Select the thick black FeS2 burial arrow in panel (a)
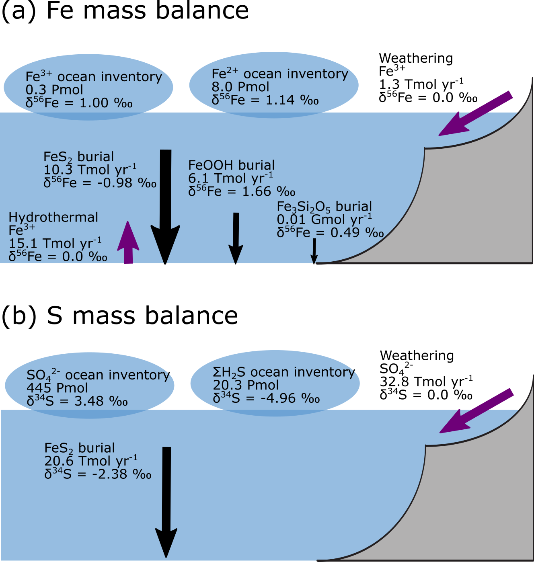166,205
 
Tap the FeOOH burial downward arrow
236,237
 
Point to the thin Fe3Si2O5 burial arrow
314,251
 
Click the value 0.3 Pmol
54,90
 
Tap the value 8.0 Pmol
240,87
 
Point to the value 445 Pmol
57,388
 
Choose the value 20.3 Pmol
246,385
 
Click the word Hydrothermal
53,217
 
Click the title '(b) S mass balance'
120,315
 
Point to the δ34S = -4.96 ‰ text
266,398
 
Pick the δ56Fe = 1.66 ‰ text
242,191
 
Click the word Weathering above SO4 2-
417,355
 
